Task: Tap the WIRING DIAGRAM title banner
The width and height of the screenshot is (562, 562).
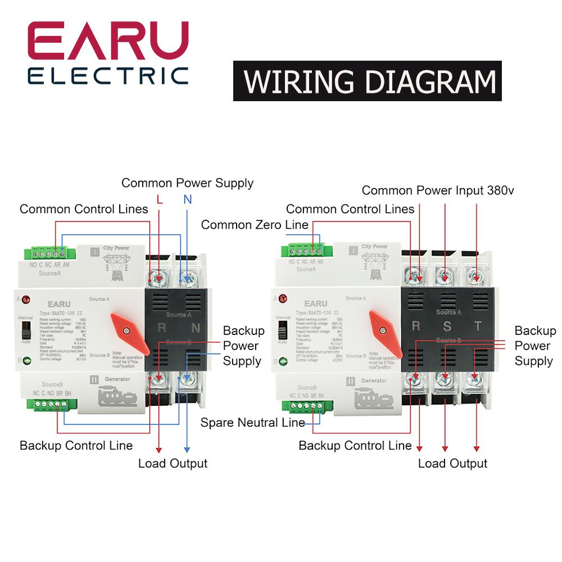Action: pyautogui.click(x=367, y=83)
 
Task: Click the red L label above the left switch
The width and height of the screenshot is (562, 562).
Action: pyautogui.click(x=160, y=199)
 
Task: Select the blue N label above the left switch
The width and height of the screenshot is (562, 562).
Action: pyautogui.click(x=187, y=199)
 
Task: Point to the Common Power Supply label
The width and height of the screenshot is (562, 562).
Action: pyautogui.click(x=187, y=183)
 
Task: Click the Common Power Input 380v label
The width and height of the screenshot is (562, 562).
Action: pyautogui.click(x=438, y=191)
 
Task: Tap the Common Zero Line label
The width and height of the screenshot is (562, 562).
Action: pyautogui.click(x=255, y=225)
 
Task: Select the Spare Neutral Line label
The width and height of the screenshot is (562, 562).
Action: pyautogui.click(x=253, y=423)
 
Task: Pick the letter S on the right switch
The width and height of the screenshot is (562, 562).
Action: pyautogui.click(x=447, y=326)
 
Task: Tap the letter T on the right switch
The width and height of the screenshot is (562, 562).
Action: pyautogui.click(x=478, y=326)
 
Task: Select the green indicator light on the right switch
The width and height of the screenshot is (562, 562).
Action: pyautogui.click(x=282, y=362)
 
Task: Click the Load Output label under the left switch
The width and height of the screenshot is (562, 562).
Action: pyautogui.click(x=173, y=464)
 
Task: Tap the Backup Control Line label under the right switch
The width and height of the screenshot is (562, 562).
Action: pyautogui.click(x=355, y=446)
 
